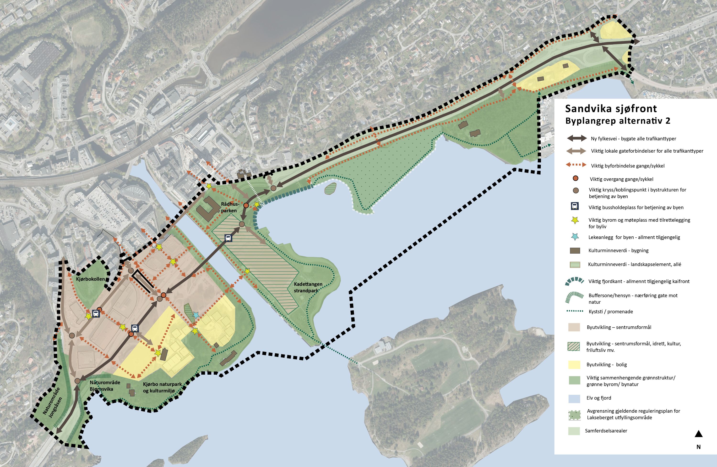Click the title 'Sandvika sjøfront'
click(x=611, y=109)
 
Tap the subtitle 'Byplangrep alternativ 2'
click(x=618, y=121)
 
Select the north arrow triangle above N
click(x=699, y=434)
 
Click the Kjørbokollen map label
click(x=90, y=279)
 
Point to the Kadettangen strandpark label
click(x=308, y=287)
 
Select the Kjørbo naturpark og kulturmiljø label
click(x=162, y=387)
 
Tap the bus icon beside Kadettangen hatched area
click(x=228, y=238)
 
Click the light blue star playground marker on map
click(x=196, y=315)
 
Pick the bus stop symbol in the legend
click(x=575, y=206)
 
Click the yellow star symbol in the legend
click(x=575, y=220)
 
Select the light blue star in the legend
click(x=575, y=237)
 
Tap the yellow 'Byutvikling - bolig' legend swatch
click(x=574, y=365)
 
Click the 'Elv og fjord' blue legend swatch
click(x=574, y=398)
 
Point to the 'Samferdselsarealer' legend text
click(x=606, y=431)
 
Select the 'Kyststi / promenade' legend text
click(x=611, y=312)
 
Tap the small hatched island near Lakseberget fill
click(x=331, y=189)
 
